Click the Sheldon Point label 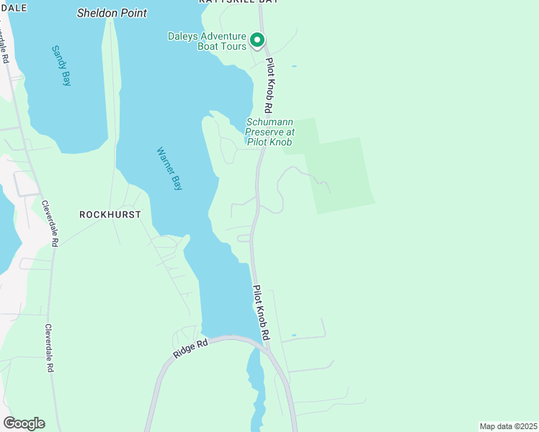[x=112, y=13]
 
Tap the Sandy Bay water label [x=61, y=66]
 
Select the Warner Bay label [x=170, y=168]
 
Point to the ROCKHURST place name [x=110, y=215]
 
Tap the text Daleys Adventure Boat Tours [x=207, y=41]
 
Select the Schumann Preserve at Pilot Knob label [x=269, y=132]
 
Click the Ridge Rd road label [x=190, y=349]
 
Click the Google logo [x=24, y=423]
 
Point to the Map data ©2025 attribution [x=509, y=426]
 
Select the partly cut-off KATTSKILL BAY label [x=239, y=2]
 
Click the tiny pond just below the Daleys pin [x=293, y=66]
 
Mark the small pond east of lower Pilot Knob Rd [x=293, y=335]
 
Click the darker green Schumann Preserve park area [x=339, y=173]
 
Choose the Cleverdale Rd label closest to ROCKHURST [x=48, y=223]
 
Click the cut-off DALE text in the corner [x=14, y=7]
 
